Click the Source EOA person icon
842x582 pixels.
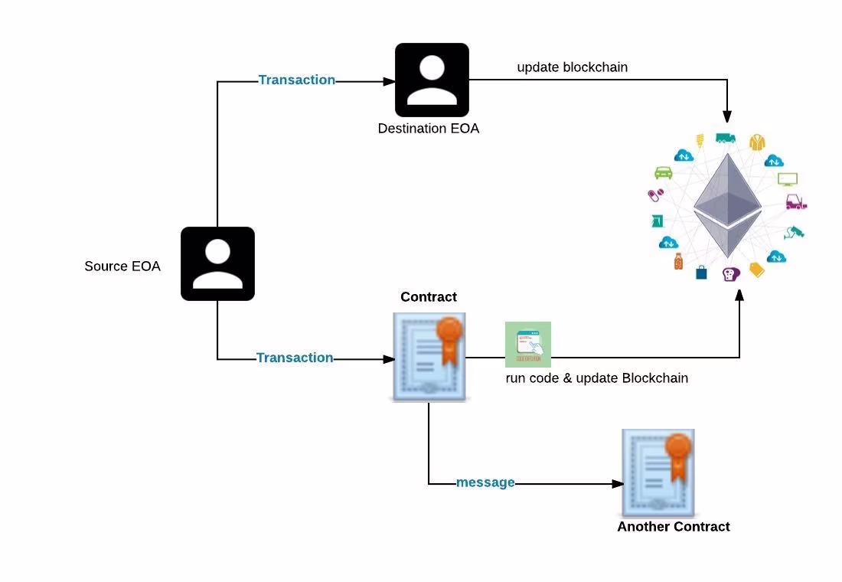point(217,264)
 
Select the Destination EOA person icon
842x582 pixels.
point(432,80)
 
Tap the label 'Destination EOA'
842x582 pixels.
point(429,129)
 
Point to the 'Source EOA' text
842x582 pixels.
point(122,266)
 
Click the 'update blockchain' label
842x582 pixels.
point(573,67)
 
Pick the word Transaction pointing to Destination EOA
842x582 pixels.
point(297,80)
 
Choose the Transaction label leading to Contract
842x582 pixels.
point(295,358)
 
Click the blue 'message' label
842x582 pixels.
point(485,482)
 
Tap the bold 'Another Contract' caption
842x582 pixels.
point(674,527)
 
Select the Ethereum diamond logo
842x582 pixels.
point(728,206)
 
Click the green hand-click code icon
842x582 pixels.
point(528,345)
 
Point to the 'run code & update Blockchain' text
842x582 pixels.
point(596,378)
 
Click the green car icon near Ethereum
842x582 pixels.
point(664,172)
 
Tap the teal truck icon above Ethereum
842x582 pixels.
point(726,138)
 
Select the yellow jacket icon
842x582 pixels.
point(757,142)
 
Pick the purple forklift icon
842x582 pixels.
point(796,201)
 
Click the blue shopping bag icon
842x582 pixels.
point(701,273)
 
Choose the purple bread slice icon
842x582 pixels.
point(731,274)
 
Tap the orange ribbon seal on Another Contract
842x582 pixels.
point(678,455)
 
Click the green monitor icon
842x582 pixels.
point(788,179)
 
